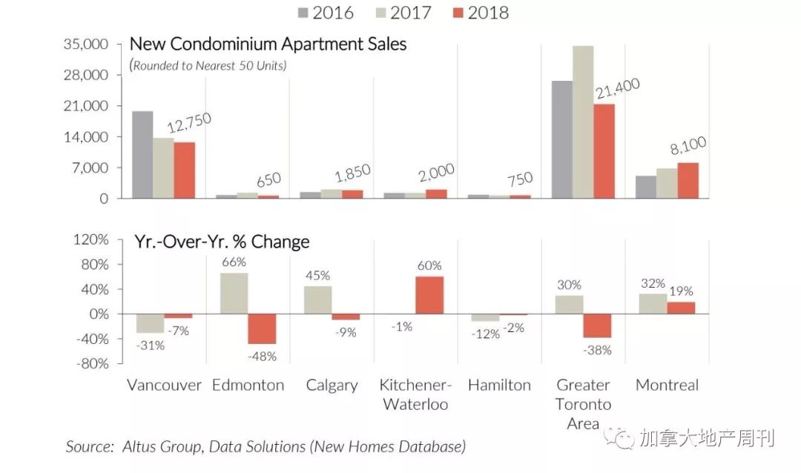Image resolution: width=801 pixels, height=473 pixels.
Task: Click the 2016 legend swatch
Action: (303, 13)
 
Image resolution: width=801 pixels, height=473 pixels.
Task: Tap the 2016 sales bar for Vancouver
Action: (142, 155)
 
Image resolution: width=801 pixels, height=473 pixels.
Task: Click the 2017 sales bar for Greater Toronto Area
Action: (583, 122)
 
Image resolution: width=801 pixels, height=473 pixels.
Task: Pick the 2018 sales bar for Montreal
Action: (688, 180)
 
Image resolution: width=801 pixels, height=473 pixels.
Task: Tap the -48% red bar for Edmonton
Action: (262, 328)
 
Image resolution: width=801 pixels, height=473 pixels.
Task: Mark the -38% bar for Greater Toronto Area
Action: (597, 325)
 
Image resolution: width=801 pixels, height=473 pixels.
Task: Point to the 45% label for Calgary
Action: (317, 275)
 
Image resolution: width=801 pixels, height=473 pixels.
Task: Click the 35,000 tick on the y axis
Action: (88, 44)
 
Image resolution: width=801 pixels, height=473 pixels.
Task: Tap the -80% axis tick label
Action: (92, 364)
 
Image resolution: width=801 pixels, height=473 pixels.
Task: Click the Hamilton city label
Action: (499, 386)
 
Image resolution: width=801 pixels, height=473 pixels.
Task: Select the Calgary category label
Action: (332, 386)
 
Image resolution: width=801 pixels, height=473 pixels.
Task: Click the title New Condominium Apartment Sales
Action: (268, 44)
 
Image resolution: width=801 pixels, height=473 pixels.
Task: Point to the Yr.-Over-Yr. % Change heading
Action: (222, 242)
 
